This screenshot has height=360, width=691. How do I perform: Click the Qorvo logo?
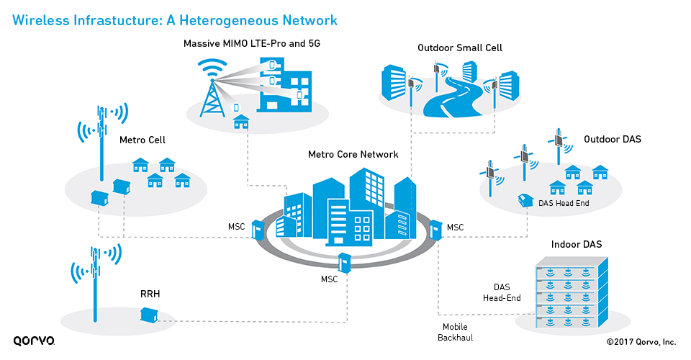tap(34, 341)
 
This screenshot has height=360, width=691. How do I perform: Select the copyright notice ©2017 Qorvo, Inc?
tap(641, 342)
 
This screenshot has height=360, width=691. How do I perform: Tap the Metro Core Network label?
tap(353, 154)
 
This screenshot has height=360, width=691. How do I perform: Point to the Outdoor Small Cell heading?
tap(460, 48)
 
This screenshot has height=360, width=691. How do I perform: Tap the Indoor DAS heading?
tap(577, 245)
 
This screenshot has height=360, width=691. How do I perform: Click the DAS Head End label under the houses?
tap(564, 204)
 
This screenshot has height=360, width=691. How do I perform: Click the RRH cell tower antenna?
tap(94, 276)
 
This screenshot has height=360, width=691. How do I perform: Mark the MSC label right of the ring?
tap(455, 228)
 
